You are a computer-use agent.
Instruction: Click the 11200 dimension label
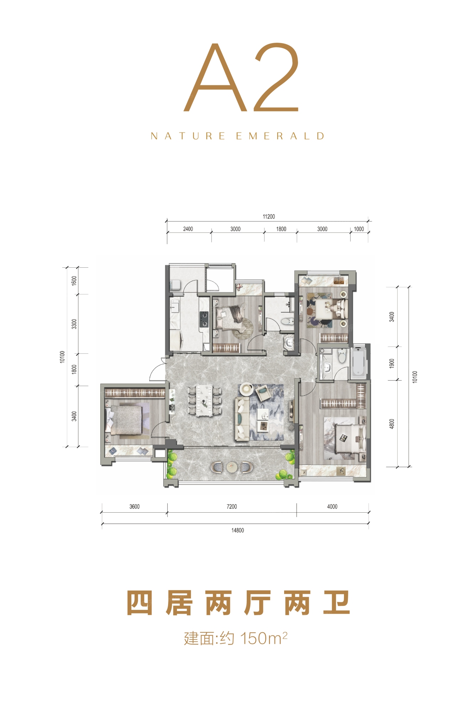[x=268, y=216]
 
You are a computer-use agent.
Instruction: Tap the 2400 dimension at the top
[x=188, y=229]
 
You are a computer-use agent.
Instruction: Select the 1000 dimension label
[x=359, y=229]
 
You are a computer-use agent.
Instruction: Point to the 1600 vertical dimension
[x=74, y=281]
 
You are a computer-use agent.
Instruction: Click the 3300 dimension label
[x=74, y=324]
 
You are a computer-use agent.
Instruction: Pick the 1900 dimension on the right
[x=392, y=363]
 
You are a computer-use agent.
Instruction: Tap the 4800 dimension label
[x=392, y=424]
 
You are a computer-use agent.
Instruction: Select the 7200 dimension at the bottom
[x=231, y=507]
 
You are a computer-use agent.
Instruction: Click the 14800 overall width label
[x=237, y=530]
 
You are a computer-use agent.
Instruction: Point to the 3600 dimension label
[x=134, y=507]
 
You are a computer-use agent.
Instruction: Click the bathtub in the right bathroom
[x=358, y=363]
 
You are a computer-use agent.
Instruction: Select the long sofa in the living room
[x=241, y=419]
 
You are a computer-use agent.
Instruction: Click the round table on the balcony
[x=231, y=466]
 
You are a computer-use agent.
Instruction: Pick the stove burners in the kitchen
[x=204, y=319]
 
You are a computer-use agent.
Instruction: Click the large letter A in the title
[x=215, y=77]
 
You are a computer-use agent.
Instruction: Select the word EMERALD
[x=280, y=136]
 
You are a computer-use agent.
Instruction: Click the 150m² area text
[x=263, y=638]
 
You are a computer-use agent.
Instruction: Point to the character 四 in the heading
[x=140, y=603]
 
